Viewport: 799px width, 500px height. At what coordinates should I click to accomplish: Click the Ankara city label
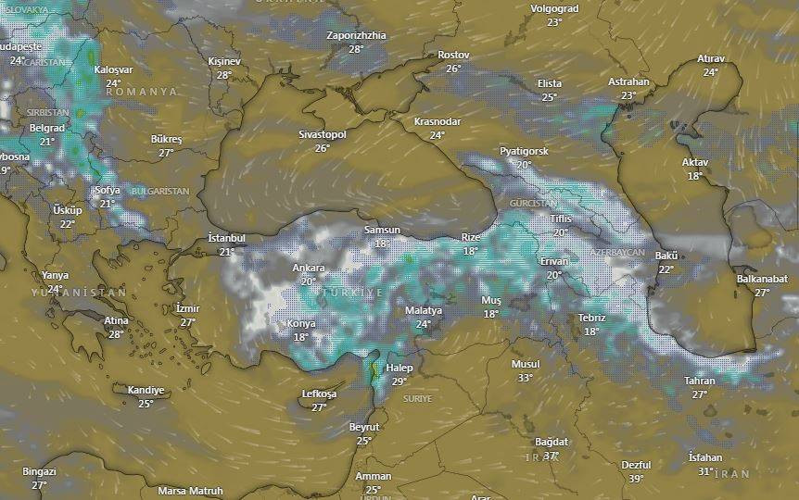click(x=309, y=269)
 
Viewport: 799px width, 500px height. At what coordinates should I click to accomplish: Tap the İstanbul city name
click(x=226, y=238)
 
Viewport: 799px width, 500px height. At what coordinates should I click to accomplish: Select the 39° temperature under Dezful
click(x=636, y=479)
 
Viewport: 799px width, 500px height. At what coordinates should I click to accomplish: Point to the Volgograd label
click(x=554, y=8)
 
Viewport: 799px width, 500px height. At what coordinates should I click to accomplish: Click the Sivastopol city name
click(x=322, y=135)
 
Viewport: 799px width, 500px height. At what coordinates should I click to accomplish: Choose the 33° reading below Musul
click(x=526, y=378)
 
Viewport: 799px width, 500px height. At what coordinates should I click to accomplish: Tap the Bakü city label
click(x=666, y=256)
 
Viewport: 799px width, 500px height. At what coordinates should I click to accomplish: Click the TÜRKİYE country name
click(x=351, y=293)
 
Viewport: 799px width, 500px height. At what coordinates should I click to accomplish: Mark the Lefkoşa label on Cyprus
click(x=320, y=394)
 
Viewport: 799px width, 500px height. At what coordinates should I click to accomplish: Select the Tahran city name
click(x=700, y=381)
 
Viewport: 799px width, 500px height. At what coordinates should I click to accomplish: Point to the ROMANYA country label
click(x=142, y=93)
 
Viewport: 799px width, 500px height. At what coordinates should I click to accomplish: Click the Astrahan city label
click(x=628, y=82)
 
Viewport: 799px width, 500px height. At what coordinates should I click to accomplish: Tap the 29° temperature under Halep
click(x=399, y=381)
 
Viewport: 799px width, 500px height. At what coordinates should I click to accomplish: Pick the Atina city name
click(x=117, y=321)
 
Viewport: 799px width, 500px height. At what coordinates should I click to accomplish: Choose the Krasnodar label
click(x=438, y=122)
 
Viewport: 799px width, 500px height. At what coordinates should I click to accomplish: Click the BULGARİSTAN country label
click(x=160, y=192)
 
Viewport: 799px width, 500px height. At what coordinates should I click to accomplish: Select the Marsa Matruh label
click(x=190, y=491)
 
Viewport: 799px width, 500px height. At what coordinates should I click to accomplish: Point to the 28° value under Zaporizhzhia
click(x=356, y=49)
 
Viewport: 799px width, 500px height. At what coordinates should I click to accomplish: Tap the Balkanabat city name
click(x=762, y=279)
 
